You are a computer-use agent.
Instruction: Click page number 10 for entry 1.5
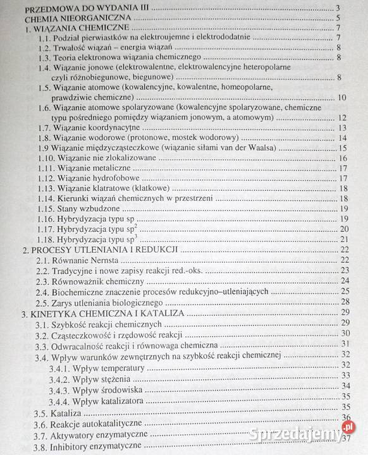[341, 97]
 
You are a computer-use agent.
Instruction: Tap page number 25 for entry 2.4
[343, 291]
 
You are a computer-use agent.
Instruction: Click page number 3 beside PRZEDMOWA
[345, 8]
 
